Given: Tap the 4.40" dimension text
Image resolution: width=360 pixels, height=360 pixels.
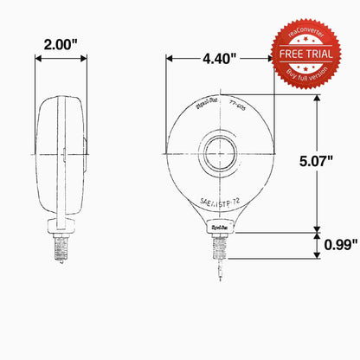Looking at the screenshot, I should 221,60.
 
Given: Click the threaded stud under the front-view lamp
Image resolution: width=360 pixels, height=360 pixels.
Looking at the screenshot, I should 221,246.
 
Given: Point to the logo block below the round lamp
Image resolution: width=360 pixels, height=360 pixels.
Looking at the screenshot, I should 221,228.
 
